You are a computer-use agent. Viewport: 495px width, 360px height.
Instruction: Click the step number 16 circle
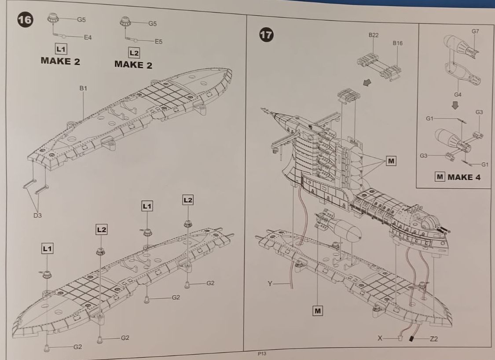point(25,20)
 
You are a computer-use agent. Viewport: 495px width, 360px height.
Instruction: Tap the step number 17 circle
point(266,34)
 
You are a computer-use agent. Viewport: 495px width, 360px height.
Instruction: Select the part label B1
point(83,88)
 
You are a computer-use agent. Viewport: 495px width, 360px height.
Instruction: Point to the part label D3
point(37,216)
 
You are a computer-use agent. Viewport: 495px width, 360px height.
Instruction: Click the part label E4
point(88,37)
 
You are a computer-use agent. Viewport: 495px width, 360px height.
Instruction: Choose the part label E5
point(158,41)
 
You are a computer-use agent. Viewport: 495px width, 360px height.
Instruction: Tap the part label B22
point(374,35)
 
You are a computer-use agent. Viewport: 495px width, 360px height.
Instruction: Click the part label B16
point(398,43)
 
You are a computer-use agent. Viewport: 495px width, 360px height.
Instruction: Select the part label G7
point(476,31)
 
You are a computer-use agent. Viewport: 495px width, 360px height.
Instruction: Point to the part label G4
point(458,95)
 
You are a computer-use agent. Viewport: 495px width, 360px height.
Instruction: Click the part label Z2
point(434,339)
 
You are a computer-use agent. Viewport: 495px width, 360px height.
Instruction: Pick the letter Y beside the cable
point(270,284)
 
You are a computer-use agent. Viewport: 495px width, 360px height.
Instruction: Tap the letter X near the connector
point(380,338)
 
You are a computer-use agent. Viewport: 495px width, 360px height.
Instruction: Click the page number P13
point(262,354)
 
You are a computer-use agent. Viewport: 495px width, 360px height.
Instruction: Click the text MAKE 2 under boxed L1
point(60,61)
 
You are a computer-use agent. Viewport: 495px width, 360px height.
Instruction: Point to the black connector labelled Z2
point(411,339)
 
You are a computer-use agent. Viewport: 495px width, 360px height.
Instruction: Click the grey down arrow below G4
point(455,105)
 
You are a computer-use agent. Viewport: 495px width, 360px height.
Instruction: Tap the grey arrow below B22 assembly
point(367,82)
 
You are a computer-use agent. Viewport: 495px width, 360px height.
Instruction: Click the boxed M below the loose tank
point(318,311)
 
